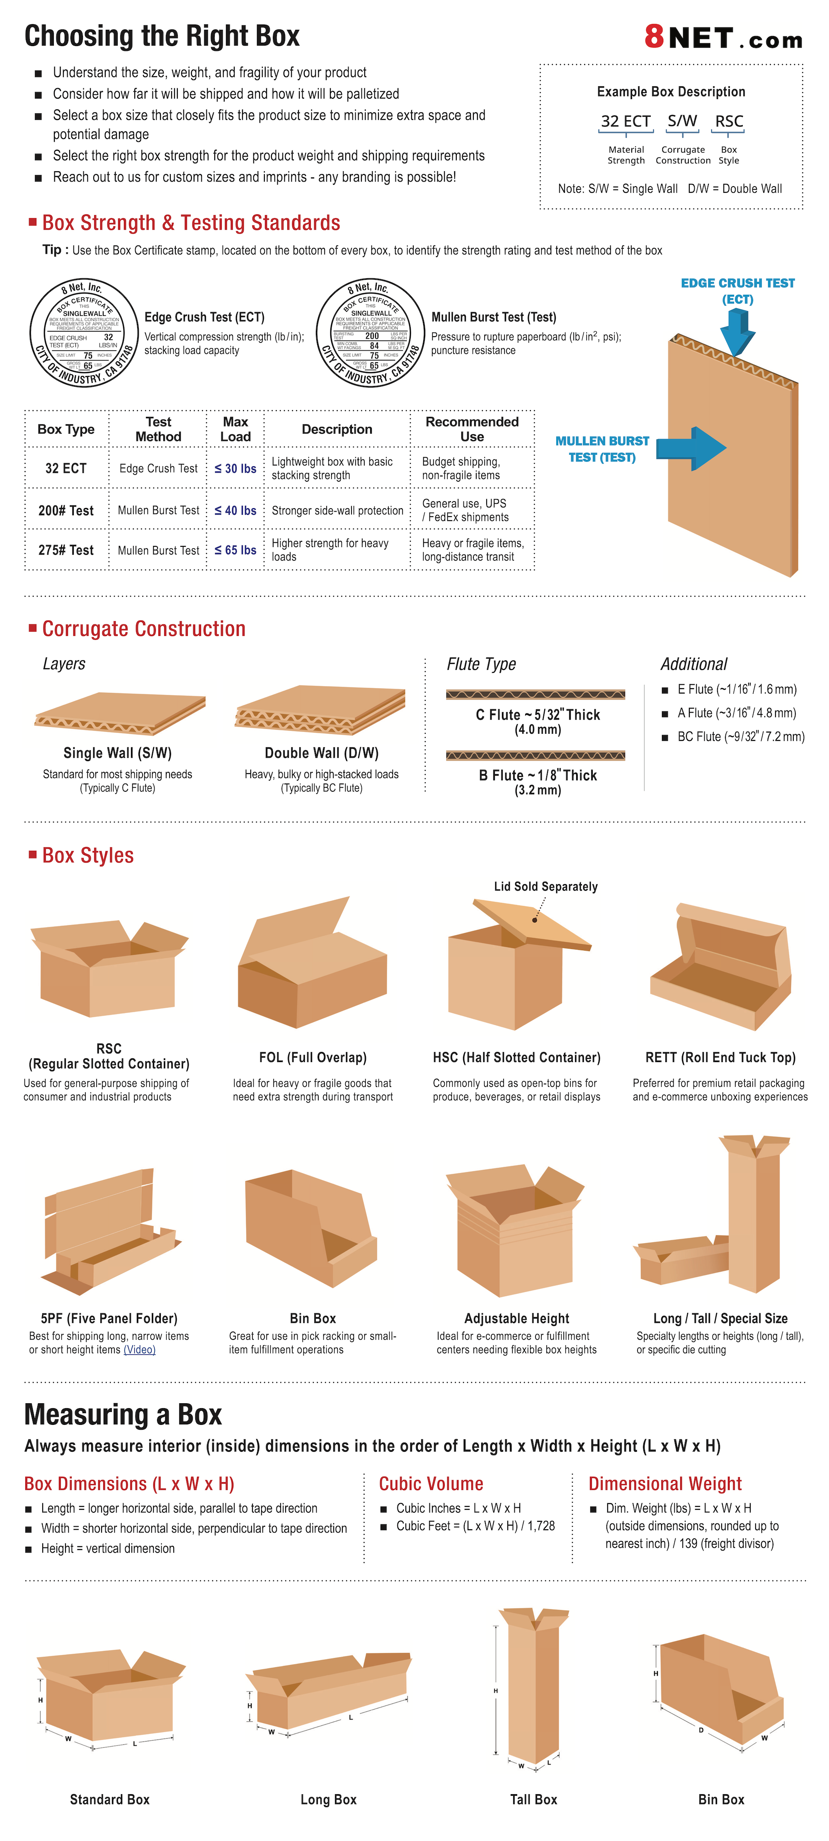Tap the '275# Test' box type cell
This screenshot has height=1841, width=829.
66,550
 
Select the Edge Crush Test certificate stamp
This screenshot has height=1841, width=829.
84,333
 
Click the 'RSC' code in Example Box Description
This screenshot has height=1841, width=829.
729,121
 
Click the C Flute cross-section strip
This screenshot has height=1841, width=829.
535,694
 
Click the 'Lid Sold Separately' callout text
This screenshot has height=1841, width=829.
545,886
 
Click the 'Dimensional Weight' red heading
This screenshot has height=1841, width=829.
664,1484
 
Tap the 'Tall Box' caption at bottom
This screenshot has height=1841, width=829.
533,1799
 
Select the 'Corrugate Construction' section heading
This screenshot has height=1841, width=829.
144,629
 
